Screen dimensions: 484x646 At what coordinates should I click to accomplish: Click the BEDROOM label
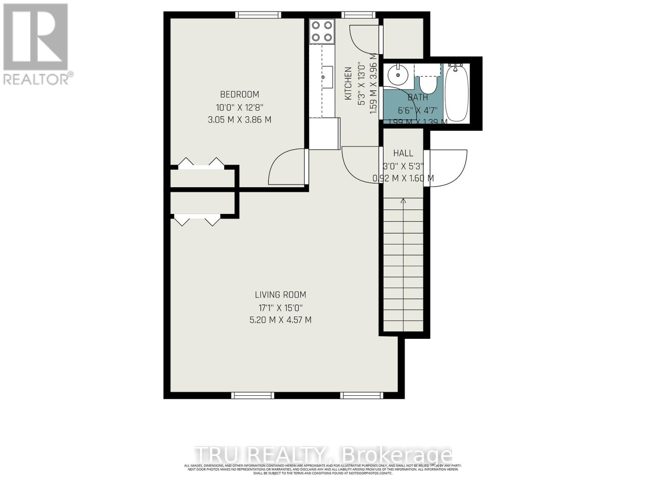pyautogui.click(x=239, y=94)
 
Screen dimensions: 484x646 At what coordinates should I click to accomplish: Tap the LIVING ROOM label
pyautogui.click(x=280, y=294)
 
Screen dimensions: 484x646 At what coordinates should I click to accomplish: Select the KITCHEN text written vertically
pyautogui.click(x=348, y=83)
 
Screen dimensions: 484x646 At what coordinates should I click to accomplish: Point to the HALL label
pyautogui.click(x=403, y=153)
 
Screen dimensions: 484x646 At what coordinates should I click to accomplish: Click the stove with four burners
pyautogui.click(x=322, y=31)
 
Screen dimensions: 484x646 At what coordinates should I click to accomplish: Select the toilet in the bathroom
pyautogui.click(x=427, y=83)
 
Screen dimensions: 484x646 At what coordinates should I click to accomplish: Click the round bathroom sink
pyautogui.click(x=398, y=75)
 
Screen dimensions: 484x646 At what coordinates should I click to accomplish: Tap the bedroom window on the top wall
pyautogui.click(x=258, y=15)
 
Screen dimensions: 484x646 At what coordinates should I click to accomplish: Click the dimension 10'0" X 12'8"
pyautogui.click(x=239, y=107)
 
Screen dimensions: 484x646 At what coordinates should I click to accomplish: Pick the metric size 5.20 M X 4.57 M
pyautogui.click(x=280, y=320)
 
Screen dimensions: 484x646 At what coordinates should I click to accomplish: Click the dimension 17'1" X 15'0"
pyautogui.click(x=280, y=308)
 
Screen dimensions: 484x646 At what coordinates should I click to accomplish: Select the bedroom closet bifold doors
pyautogui.click(x=201, y=163)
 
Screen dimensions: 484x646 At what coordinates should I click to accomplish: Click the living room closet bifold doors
pyautogui.click(x=197, y=221)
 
